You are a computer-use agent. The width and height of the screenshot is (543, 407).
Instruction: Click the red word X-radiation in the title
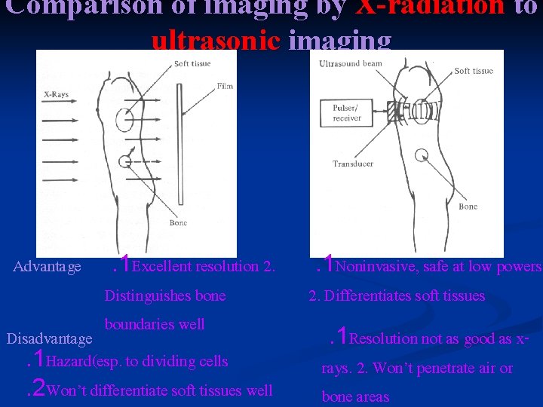pyautogui.click(x=441, y=8)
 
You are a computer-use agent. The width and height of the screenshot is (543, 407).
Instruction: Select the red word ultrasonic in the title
pyautogui.click(x=218, y=40)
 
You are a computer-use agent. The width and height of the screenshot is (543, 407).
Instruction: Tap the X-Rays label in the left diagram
pyautogui.click(x=56, y=95)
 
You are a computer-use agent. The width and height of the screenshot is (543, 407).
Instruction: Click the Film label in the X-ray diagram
pyautogui.click(x=225, y=87)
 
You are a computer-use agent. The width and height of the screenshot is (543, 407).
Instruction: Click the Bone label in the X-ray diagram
pyautogui.click(x=179, y=223)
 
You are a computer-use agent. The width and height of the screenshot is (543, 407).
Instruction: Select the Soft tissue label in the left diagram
pyautogui.click(x=192, y=63)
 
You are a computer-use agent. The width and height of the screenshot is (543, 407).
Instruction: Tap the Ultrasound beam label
pyautogui.click(x=351, y=65)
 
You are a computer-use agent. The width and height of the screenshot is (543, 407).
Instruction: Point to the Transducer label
pyautogui.click(x=353, y=164)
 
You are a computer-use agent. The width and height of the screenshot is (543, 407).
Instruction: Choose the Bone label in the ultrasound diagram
pyautogui.click(x=468, y=206)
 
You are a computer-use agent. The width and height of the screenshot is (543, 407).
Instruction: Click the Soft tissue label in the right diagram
pyautogui.click(x=473, y=71)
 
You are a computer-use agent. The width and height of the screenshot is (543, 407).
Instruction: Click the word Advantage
pyautogui.click(x=48, y=267)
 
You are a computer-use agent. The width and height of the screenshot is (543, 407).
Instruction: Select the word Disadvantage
pyautogui.click(x=49, y=339)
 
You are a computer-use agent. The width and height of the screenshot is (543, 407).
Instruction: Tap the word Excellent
pyautogui.click(x=162, y=267)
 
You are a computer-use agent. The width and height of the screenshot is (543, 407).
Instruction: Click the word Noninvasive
pyautogui.click(x=373, y=267)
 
